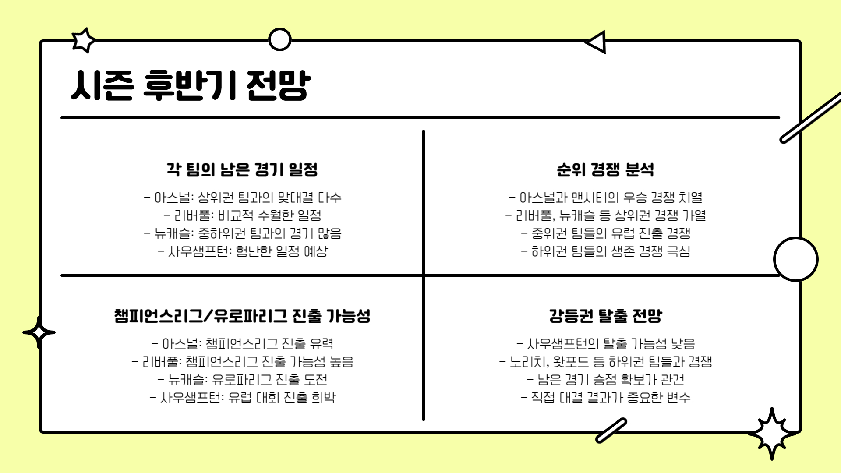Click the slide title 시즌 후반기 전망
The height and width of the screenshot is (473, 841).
click(191, 85)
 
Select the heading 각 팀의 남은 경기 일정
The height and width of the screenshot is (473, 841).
click(242, 169)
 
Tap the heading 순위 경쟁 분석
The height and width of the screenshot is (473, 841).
click(605, 169)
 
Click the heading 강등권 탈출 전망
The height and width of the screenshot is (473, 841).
click(605, 316)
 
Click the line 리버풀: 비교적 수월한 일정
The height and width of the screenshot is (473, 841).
click(242, 215)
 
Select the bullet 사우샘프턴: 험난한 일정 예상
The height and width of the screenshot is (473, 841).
click(242, 251)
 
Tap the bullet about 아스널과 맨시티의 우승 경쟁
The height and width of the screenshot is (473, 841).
click(605, 198)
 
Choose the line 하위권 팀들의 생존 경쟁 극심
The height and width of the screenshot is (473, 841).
click(605, 251)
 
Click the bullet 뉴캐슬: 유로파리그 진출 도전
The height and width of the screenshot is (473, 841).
click(242, 379)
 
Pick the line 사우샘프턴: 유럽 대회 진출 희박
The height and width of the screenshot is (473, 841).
click(242, 398)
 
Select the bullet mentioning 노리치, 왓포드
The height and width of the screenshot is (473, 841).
click(605, 362)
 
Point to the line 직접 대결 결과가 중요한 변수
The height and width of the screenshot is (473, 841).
click(605, 398)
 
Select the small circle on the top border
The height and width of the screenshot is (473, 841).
click(279, 40)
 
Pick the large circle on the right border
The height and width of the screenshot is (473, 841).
click(795, 259)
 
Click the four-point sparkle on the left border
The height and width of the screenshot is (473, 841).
click(39, 332)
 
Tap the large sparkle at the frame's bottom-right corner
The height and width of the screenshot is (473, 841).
click(772, 434)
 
